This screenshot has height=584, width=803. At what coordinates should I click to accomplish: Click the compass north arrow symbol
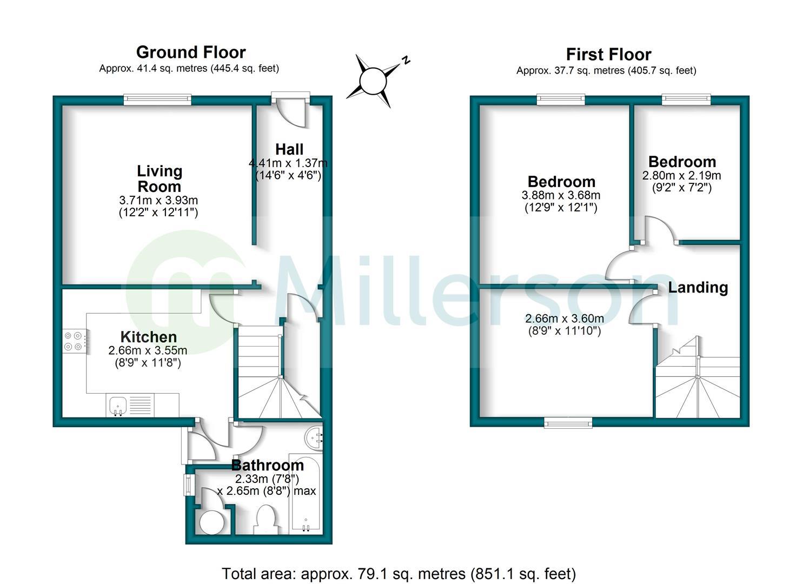pos(373,82)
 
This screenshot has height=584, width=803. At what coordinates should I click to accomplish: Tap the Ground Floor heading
pos(191,52)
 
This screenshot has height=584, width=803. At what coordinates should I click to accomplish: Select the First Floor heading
pos(608,54)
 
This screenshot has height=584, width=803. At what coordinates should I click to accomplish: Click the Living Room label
pos(159,178)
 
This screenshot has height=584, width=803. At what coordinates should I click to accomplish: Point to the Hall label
pos(289,149)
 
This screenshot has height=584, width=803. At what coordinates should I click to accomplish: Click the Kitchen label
pos(149,336)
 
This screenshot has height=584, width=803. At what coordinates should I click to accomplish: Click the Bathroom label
pos(267,464)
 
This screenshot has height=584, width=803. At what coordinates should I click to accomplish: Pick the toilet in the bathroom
pos(266,519)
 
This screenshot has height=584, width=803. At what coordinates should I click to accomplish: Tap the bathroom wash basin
pos(315,437)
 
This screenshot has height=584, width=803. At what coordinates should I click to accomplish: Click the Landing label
pos(698,287)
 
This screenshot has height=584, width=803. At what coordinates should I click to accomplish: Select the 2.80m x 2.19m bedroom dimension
pos(681,175)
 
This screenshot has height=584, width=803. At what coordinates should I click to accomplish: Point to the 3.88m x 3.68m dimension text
pos(561,195)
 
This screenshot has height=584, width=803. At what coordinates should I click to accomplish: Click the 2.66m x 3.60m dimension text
pos(565,318)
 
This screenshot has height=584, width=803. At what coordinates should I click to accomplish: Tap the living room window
pos(157,99)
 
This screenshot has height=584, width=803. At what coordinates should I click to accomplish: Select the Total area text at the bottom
pos(399,573)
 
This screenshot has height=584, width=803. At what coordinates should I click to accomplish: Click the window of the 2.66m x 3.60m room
pos(568,422)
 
